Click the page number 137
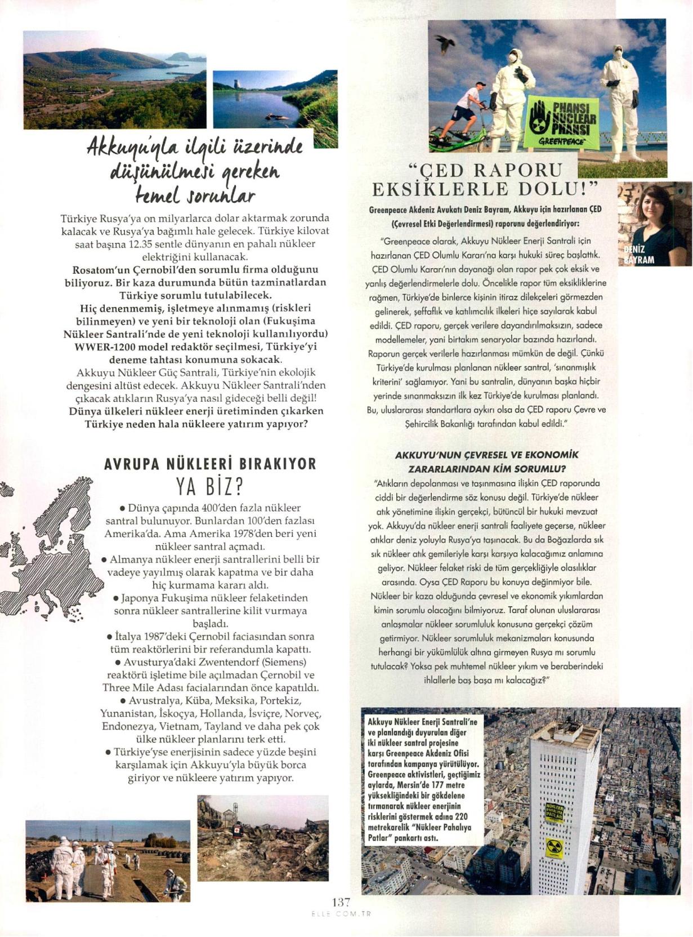point(341,902)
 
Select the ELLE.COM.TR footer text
point(341,914)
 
